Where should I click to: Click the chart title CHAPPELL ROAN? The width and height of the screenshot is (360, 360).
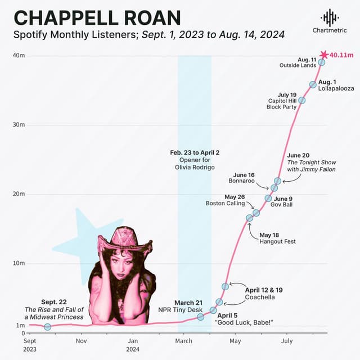tap(97, 17)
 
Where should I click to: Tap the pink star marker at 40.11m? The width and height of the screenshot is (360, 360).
tap(323, 55)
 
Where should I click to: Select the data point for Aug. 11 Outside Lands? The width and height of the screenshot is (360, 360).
tap(321, 62)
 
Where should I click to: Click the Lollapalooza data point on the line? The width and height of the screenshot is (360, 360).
tap(313, 84)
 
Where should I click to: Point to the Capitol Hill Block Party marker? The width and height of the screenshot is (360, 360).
tap(301, 100)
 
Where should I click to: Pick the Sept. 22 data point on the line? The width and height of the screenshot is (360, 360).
tap(47, 327)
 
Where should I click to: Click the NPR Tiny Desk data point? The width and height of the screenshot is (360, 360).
tap(200, 317)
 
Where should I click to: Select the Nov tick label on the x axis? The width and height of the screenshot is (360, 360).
tap(81, 341)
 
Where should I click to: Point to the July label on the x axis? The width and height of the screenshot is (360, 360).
tap(287, 341)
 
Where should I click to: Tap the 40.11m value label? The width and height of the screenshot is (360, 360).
tap(341, 55)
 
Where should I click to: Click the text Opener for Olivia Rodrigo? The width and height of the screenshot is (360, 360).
tap(194, 163)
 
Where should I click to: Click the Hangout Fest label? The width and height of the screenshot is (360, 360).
tap(277, 241)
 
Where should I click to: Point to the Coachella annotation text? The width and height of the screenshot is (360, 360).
tap(260, 297)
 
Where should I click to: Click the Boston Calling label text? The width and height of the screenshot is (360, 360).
tap(225, 204)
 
